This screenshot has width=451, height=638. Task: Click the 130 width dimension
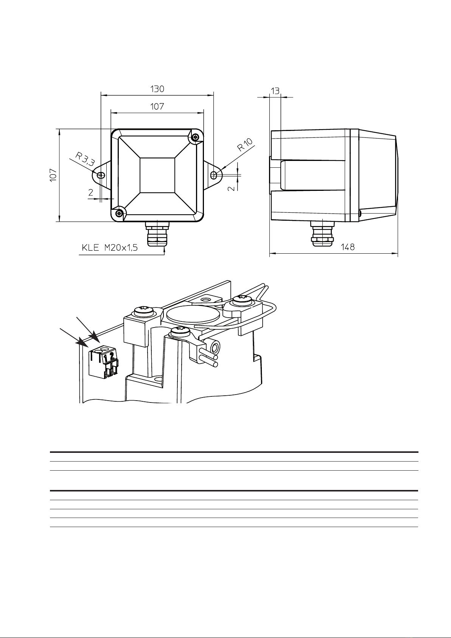click(x=157, y=89)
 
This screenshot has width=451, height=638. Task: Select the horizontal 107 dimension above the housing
click(x=157, y=106)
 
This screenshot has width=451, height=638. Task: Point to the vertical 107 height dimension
click(x=53, y=175)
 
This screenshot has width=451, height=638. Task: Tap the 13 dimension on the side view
click(x=275, y=91)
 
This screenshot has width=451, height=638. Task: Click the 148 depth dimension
click(x=348, y=247)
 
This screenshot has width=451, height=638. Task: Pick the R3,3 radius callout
click(x=85, y=159)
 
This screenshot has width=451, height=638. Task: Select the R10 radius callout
click(x=245, y=145)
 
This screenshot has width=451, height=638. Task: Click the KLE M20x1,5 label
click(x=110, y=248)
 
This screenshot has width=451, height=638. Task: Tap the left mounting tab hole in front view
click(x=101, y=175)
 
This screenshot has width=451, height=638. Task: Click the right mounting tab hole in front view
click(x=213, y=175)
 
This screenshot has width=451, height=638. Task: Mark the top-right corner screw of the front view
click(x=195, y=137)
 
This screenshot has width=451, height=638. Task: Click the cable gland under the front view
click(x=157, y=234)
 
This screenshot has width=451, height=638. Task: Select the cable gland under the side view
click(x=322, y=234)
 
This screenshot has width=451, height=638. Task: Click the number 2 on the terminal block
click(x=112, y=356)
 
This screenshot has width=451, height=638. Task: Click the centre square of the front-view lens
click(x=157, y=175)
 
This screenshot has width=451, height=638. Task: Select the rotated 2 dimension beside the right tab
click(x=232, y=188)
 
